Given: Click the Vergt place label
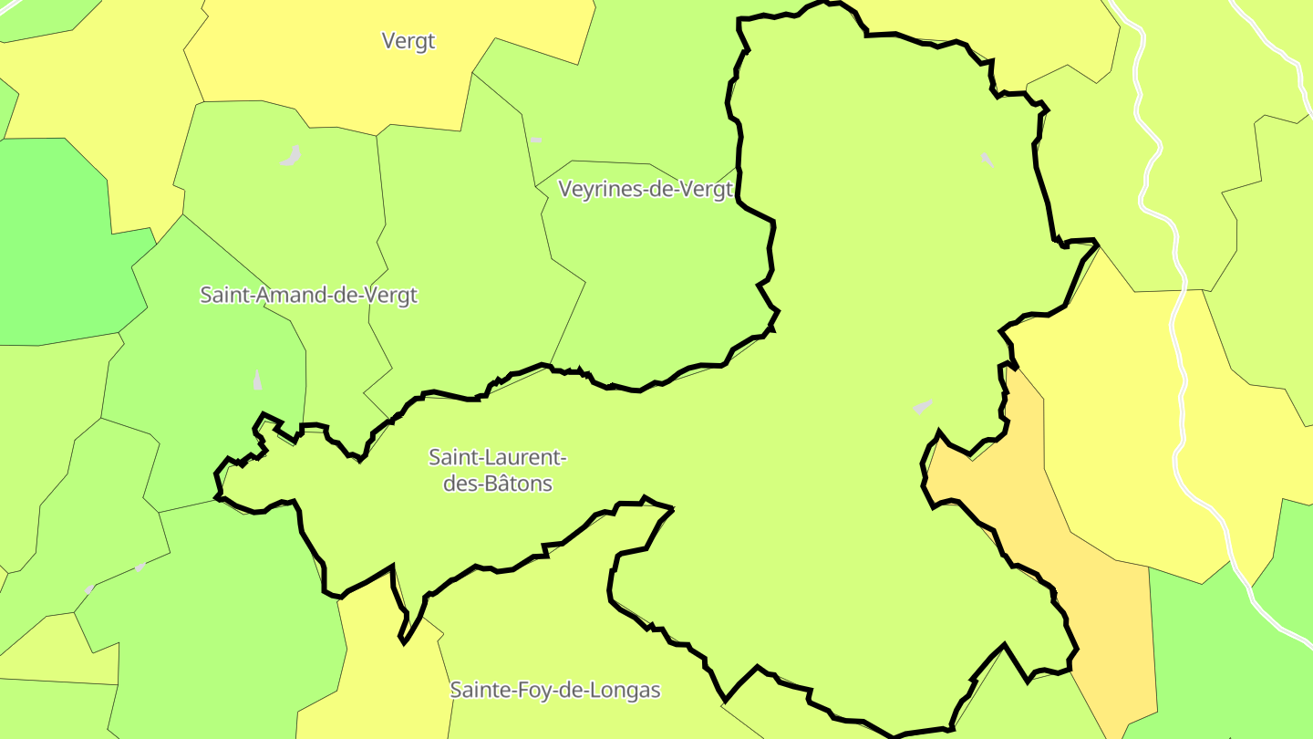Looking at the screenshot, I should tap(408, 41).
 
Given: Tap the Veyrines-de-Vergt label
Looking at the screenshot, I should tap(646, 190).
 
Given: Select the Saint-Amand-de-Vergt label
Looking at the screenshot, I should tap(308, 296).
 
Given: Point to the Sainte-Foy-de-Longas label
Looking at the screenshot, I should tap(554, 691).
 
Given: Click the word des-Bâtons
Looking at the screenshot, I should tap(498, 484).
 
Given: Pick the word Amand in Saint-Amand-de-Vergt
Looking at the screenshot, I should tap(291, 296).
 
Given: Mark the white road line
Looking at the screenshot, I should tap(1183, 365).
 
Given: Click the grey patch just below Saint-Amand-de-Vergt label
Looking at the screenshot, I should tap(257, 380).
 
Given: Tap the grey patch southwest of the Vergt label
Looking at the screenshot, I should tap(291, 157).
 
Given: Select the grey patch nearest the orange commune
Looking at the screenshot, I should tap(923, 406).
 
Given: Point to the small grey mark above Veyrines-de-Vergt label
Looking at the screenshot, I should tap(536, 141).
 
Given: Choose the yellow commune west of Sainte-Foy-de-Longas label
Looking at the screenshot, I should tap(383, 675).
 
